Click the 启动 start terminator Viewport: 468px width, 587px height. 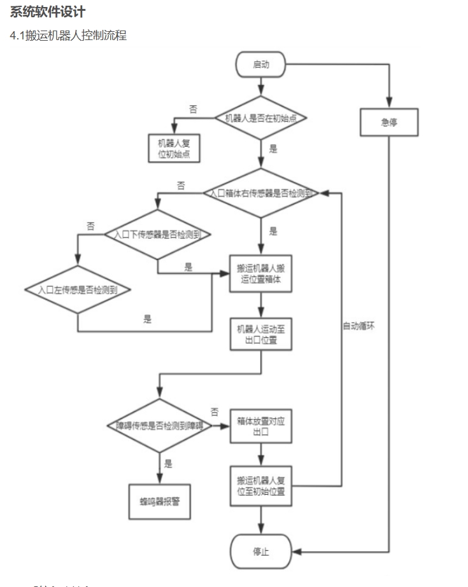point(261,64)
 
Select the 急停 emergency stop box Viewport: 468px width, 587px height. point(389,122)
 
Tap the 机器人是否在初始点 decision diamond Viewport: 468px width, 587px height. point(261,118)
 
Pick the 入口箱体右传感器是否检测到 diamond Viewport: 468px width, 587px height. point(261,193)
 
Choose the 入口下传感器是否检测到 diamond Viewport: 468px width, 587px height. point(158,235)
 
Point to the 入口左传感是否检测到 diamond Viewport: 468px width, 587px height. point(77,289)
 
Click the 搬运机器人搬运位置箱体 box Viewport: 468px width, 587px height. point(261,273)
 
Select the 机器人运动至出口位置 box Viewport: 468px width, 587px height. point(261,333)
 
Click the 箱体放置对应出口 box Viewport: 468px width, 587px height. point(261,425)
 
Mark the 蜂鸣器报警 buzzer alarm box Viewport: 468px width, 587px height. point(159,501)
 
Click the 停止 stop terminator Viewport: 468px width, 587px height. point(261,551)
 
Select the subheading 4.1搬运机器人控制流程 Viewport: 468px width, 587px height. point(67,36)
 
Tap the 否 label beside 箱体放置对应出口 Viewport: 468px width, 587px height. point(215,411)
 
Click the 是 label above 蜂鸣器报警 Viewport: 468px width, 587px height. point(168,464)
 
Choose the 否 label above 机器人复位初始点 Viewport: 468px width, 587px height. point(193,109)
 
